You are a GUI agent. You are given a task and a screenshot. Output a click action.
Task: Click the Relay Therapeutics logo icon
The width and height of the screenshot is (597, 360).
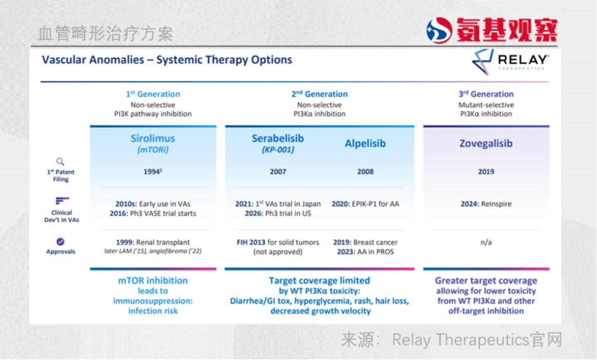pos(482,62)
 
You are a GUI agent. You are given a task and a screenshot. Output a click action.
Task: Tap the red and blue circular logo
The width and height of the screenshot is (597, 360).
pos(439,30)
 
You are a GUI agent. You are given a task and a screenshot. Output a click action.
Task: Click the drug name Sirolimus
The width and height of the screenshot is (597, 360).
pos(153,139)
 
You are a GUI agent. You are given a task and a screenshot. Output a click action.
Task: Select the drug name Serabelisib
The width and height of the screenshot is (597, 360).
pos(278,139)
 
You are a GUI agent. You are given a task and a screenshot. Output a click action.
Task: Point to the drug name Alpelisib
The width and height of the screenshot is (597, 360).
pos(365,144)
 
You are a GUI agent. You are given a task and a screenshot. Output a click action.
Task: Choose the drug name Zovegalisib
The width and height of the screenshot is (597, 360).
pos(486,144)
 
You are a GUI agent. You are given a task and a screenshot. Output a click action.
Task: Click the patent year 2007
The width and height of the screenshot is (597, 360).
pos(278,172)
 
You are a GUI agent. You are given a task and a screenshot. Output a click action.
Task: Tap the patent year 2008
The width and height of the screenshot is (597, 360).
pos(366,172)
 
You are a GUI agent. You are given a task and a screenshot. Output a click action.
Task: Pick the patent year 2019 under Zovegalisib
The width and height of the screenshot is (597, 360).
pos(486,172)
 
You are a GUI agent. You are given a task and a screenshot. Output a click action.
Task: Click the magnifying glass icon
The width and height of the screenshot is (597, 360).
pos(60,161)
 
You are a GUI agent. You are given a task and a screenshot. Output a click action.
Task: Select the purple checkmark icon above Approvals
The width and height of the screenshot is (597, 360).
pos(60,242)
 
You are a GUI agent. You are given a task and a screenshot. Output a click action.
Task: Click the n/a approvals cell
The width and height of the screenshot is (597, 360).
pos(486,243)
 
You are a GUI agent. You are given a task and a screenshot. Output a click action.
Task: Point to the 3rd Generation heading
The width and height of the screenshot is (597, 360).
pos(486,94)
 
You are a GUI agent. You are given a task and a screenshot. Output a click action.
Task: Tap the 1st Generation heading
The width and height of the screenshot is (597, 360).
pos(153,94)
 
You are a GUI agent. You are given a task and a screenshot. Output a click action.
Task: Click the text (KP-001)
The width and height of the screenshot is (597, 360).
pos(278,150)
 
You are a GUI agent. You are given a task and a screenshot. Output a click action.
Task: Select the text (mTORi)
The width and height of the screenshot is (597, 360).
pos(153,150)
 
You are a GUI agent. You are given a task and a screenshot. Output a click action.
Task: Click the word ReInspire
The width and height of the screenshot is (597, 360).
pos(496,204)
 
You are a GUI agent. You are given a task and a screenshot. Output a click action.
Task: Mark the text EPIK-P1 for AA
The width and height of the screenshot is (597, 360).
pos(375,204)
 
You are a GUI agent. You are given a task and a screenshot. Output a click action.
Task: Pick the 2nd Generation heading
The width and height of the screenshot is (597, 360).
pos(319,94)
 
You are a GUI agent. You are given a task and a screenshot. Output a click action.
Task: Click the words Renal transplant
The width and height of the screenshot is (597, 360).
pos(163,243)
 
